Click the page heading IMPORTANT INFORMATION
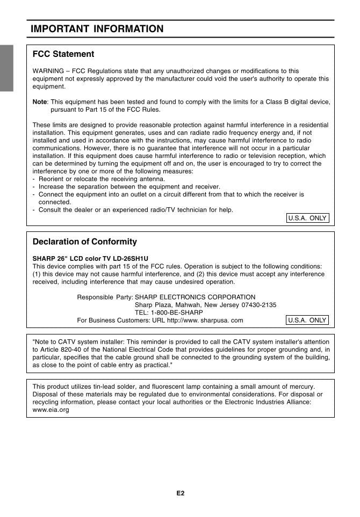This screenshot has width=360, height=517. (x=97, y=29)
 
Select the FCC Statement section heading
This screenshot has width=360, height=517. (x=63, y=54)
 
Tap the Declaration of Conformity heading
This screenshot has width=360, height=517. (x=85, y=242)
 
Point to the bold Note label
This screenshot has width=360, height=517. (x=40, y=101)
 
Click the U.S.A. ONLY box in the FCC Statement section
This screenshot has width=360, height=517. (x=307, y=218)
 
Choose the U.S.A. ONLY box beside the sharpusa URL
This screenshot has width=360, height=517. (x=307, y=320)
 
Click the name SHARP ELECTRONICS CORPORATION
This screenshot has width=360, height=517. (x=195, y=297)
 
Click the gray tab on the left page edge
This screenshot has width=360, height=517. (x=6, y=68)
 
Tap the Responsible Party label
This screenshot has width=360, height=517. (x=105, y=297)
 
